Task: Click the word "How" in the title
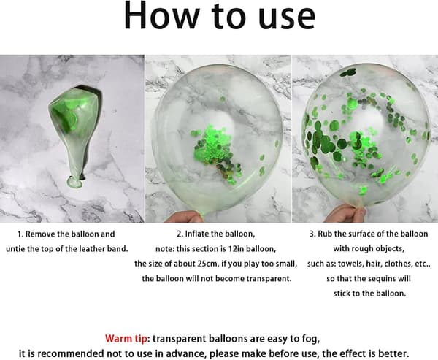point(161,15)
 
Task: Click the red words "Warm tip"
point(126,339)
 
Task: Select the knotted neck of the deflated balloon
point(74,182)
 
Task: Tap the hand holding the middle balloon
point(184,217)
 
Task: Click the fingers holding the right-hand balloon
point(346,214)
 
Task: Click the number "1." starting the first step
point(20,234)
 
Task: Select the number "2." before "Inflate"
point(180,234)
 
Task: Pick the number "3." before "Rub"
point(312,234)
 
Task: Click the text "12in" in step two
point(236,249)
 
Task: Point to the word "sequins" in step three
point(375,279)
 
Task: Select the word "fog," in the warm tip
point(311,340)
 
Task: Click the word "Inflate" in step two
point(197,234)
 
